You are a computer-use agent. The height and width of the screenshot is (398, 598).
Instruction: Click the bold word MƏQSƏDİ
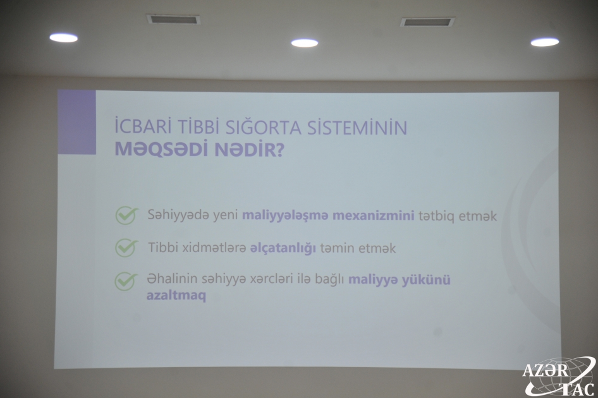pos(162,150)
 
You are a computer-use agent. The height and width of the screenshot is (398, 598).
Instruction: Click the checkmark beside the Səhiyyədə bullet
pos(126,215)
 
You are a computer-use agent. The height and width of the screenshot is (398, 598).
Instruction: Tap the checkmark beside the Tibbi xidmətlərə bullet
pos(126,248)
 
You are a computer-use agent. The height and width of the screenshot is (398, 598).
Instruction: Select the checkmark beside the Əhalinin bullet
pos(126,282)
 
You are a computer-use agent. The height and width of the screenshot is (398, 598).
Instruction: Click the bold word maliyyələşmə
pos(285,216)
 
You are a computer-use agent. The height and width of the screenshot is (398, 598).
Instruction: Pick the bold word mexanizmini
pos(374,216)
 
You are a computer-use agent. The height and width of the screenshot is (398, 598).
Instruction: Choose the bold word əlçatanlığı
pos(283,248)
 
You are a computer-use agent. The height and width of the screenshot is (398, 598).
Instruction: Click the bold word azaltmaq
pos(176,296)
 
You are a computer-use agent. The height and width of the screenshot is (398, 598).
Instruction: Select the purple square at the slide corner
pos(76,122)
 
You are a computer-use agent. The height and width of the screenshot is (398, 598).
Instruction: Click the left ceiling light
pos(64,37)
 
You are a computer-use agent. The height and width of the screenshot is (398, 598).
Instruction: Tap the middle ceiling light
pos(305,43)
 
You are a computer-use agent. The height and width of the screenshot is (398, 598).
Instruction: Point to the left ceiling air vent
pos(173,19)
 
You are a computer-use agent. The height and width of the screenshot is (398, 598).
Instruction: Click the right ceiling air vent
pos(427,21)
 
